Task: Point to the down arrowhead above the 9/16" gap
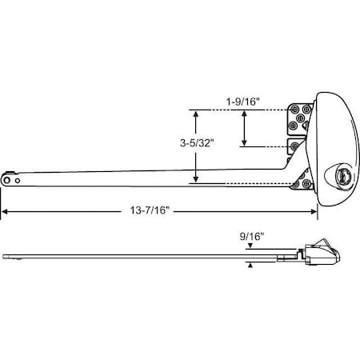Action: [x=250, y=251]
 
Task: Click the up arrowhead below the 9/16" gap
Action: [x=250, y=264]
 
